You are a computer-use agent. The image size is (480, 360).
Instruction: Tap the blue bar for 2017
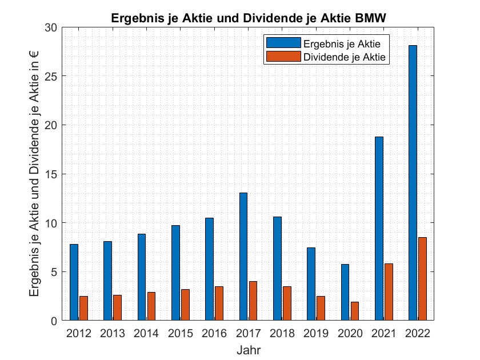click(243, 257)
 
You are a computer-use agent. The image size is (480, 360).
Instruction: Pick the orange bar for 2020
click(355, 311)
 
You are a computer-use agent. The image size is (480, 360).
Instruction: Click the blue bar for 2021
click(379, 229)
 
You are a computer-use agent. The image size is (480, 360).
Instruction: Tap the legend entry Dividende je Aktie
click(345, 57)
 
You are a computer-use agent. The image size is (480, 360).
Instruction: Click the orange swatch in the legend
click(282, 57)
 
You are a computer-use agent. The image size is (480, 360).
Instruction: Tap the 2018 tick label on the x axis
click(281, 333)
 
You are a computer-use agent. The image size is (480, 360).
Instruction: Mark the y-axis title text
click(35, 174)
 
